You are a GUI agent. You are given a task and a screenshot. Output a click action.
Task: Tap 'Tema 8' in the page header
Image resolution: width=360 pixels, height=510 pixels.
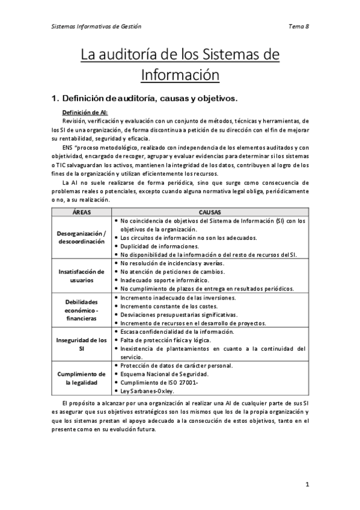point(299,26)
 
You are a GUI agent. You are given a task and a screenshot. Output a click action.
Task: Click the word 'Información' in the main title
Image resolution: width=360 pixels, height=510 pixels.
point(180,76)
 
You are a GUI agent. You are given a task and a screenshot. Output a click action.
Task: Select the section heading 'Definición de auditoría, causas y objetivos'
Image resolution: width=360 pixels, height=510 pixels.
point(151,97)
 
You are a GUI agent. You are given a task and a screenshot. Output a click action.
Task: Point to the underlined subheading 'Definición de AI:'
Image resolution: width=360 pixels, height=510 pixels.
point(85,112)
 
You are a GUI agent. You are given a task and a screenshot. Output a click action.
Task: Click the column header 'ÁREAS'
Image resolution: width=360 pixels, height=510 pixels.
point(82,212)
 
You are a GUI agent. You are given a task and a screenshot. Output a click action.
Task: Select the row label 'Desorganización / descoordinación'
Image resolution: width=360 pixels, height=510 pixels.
point(82,238)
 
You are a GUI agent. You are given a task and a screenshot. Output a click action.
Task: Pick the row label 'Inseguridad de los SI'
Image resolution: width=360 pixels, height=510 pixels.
point(82,344)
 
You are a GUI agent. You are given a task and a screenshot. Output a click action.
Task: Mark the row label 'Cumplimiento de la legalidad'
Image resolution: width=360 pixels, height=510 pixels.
point(82,378)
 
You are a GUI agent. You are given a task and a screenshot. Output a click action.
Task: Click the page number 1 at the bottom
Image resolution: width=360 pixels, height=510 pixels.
point(307,484)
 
